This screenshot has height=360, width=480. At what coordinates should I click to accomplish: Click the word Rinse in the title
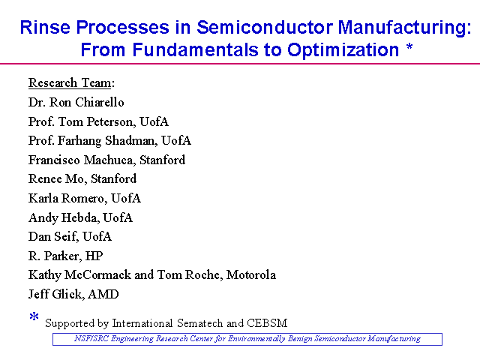[x=45, y=27]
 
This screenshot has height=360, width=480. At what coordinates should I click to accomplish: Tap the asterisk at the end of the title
[x=409, y=47]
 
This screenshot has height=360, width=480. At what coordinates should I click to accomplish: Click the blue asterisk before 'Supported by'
[x=34, y=316]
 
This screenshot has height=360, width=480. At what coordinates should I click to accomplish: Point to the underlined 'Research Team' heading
[x=70, y=83]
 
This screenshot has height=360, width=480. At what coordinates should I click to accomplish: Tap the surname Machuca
[x=110, y=160]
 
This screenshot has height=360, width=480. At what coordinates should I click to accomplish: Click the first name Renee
[x=42, y=179]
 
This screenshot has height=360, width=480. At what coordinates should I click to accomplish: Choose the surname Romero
[x=84, y=198]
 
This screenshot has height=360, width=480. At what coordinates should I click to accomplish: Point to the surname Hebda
[x=80, y=217]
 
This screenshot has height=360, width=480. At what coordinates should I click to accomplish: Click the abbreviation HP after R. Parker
[x=94, y=256]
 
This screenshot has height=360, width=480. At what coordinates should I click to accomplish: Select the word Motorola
[x=251, y=275]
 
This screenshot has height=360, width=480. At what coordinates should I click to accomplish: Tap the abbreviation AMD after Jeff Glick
[x=103, y=294]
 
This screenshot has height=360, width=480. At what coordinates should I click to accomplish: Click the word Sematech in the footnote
[x=200, y=323]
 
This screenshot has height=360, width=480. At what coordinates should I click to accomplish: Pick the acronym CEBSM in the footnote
[x=267, y=323]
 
